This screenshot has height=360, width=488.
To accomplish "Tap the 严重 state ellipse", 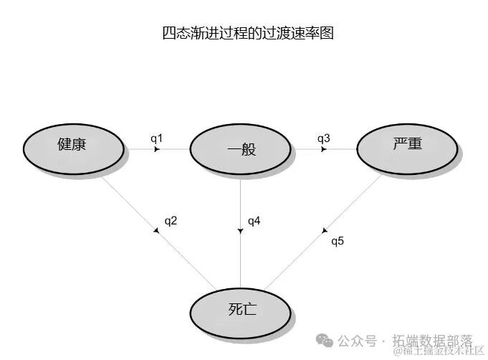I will pos(408,145).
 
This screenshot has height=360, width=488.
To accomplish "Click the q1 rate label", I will pos(157,138).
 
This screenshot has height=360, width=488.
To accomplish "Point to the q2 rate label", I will pos(171,221).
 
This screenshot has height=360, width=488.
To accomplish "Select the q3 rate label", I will pos(323,138).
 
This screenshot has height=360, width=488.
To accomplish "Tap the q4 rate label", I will pos(254,221).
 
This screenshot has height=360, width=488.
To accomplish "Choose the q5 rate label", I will pos(338,241).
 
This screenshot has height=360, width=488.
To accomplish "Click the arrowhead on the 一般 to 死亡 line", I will pos(240,230).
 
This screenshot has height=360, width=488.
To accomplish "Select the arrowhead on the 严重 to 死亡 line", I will pos(325,231).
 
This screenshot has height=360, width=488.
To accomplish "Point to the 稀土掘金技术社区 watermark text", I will pos(439,351).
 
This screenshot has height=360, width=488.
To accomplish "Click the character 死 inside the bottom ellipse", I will pos(233,311).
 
